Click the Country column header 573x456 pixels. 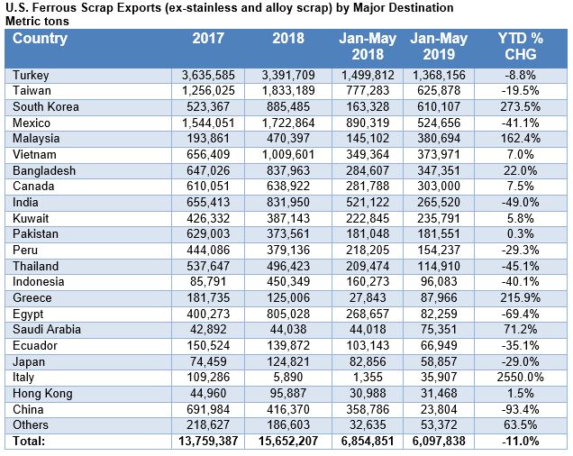41,40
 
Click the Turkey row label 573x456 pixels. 32,75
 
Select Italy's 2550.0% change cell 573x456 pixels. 534,378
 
